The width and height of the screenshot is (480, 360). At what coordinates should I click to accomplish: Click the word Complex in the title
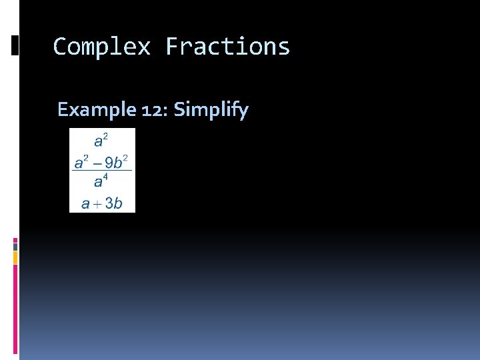101,47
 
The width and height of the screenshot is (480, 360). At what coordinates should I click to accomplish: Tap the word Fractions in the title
227,47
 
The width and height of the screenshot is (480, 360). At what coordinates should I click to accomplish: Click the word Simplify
211,109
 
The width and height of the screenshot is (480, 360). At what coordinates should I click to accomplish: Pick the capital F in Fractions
173,47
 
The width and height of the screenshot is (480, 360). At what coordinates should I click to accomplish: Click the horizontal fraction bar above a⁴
101,171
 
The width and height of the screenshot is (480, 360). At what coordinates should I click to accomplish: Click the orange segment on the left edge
15,257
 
